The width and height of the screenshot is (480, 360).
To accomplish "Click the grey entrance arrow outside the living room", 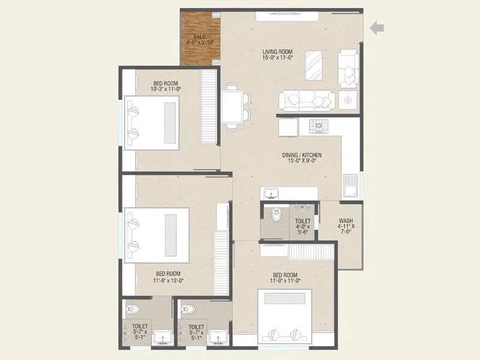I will [377, 28].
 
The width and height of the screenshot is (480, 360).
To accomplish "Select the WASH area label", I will [346, 224].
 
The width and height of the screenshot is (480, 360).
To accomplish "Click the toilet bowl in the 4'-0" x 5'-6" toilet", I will [277, 214].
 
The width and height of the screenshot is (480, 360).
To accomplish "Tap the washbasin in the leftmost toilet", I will [163, 337].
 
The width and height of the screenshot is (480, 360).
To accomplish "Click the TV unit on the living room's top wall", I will [289, 16].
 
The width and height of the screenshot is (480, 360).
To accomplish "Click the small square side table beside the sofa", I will [347, 100].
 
